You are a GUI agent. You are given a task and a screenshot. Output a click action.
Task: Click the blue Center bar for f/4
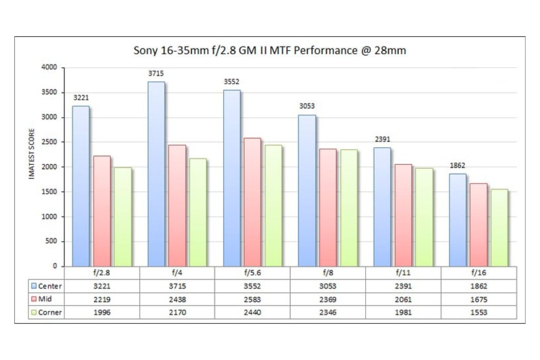pos(156,174)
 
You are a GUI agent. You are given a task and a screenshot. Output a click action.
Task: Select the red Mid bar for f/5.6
pos(252,202)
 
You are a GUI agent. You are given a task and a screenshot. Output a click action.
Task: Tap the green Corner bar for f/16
pos(499,228)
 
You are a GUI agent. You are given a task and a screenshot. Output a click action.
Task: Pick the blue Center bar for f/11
pos(382,207)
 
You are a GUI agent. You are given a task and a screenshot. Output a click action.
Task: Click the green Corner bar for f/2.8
pos(123,217)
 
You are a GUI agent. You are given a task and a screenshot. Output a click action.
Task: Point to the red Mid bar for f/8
pos(328,208)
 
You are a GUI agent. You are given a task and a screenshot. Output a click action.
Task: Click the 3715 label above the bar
pos(156,73)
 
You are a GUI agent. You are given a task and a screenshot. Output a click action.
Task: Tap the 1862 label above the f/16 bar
pos(457,166)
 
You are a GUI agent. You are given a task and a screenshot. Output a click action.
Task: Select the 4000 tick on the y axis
pos(49,67)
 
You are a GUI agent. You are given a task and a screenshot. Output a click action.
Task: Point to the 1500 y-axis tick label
pos(49,192)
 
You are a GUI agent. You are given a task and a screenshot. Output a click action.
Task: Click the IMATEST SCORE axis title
pos(32,154)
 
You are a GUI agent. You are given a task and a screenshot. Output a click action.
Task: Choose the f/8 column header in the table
pos(328,273)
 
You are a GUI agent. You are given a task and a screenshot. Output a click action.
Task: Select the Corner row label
pos(50,312)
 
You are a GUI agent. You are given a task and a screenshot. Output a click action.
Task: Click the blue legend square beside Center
pos(34,286)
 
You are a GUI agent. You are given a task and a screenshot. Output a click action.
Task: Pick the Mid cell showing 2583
pos(252,300)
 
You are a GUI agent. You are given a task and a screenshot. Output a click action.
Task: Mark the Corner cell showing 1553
pos(478,312)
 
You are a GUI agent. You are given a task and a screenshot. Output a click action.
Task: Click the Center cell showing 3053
pos(328,286)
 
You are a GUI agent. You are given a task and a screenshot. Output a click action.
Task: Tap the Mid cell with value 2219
pos(102,300)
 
